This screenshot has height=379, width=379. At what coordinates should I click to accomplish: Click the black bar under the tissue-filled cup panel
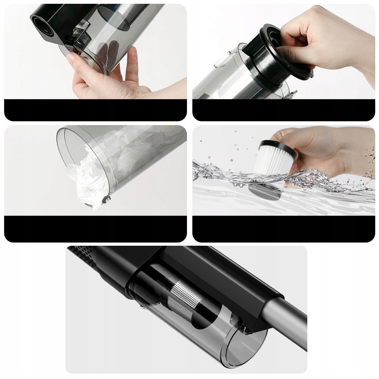pos(95,229)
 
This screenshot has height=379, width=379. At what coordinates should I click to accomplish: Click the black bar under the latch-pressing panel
pos(95,110)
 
